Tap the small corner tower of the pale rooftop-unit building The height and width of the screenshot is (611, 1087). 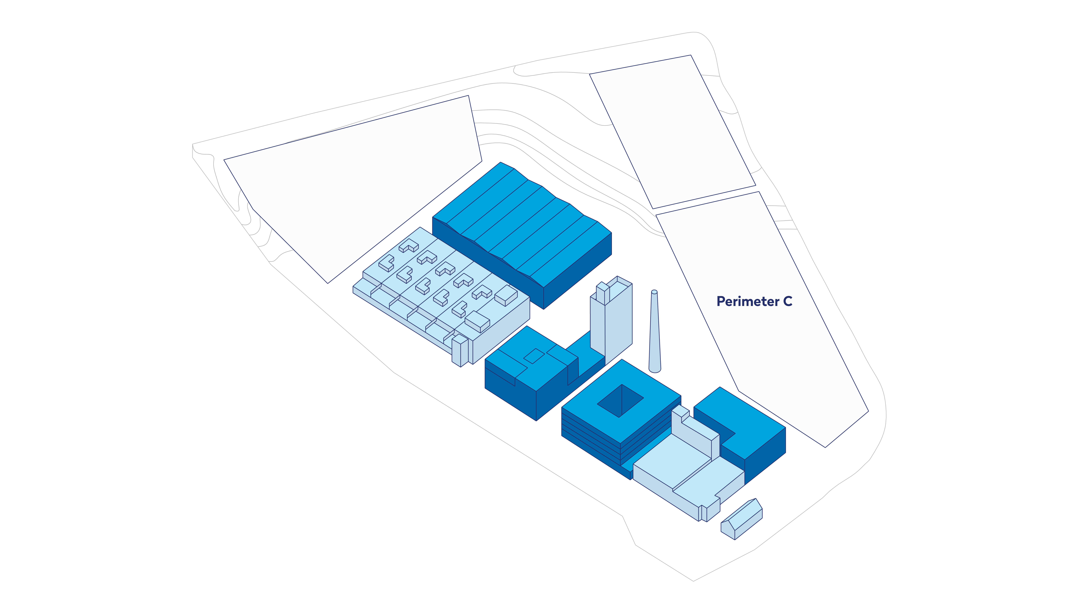pos(460,351)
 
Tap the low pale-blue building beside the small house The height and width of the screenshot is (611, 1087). pos(688,476)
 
